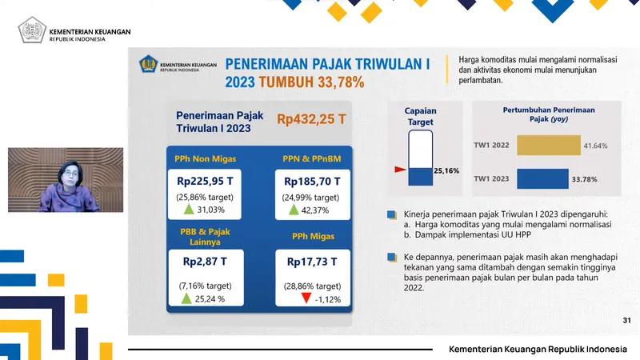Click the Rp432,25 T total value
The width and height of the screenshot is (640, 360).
coord(311,119)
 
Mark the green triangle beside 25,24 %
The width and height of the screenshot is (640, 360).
coord(186,299)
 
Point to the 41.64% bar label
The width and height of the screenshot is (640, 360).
coord(595,146)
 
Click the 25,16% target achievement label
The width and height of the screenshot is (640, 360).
coord(446,170)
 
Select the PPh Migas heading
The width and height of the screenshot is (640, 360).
coord(312,236)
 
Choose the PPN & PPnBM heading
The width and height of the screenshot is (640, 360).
coord(312,158)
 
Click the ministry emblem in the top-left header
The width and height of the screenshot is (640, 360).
coord(32,30)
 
